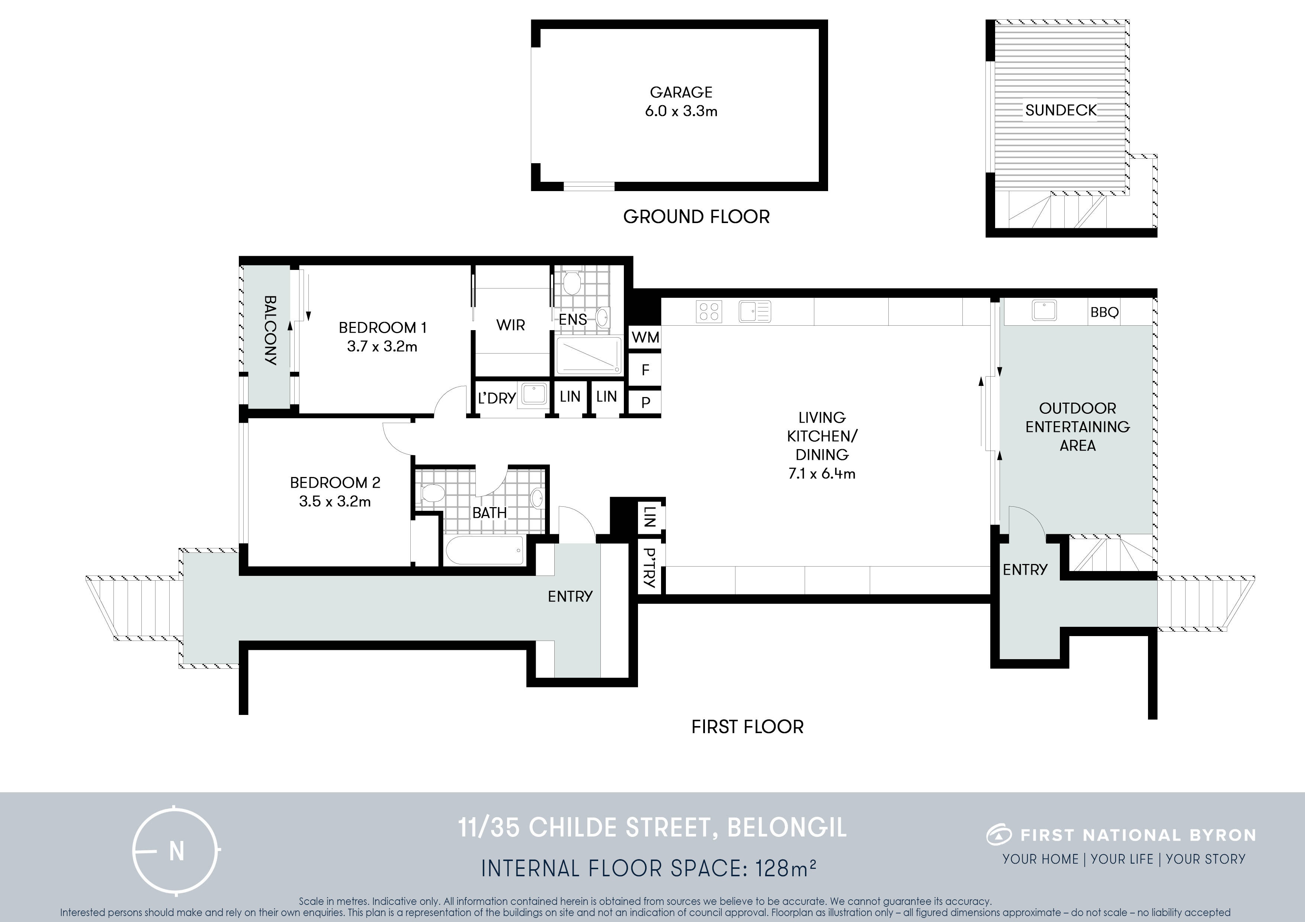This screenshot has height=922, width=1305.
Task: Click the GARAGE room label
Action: [x=681, y=92]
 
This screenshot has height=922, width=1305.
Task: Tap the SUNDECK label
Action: [x=1061, y=110]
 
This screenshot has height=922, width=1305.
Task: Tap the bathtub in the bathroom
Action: [x=485, y=550]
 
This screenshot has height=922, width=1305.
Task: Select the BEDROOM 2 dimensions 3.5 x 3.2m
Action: [x=335, y=502]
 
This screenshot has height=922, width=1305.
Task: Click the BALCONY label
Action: [x=270, y=330]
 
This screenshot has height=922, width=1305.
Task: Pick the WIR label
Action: [x=510, y=326]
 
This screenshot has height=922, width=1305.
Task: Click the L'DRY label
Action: [x=497, y=398]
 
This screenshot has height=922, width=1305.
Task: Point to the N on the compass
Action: [x=177, y=852]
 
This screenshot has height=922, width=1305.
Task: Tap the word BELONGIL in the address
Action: [x=787, y=828]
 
